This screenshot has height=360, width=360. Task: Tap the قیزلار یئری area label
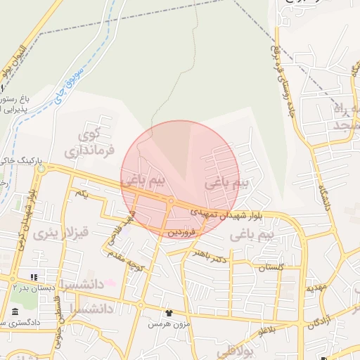(64, 232)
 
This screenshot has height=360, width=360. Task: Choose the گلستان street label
(271, 267)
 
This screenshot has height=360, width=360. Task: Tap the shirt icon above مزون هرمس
(169, 312)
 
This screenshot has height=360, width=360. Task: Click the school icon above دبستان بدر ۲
(34, 277)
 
